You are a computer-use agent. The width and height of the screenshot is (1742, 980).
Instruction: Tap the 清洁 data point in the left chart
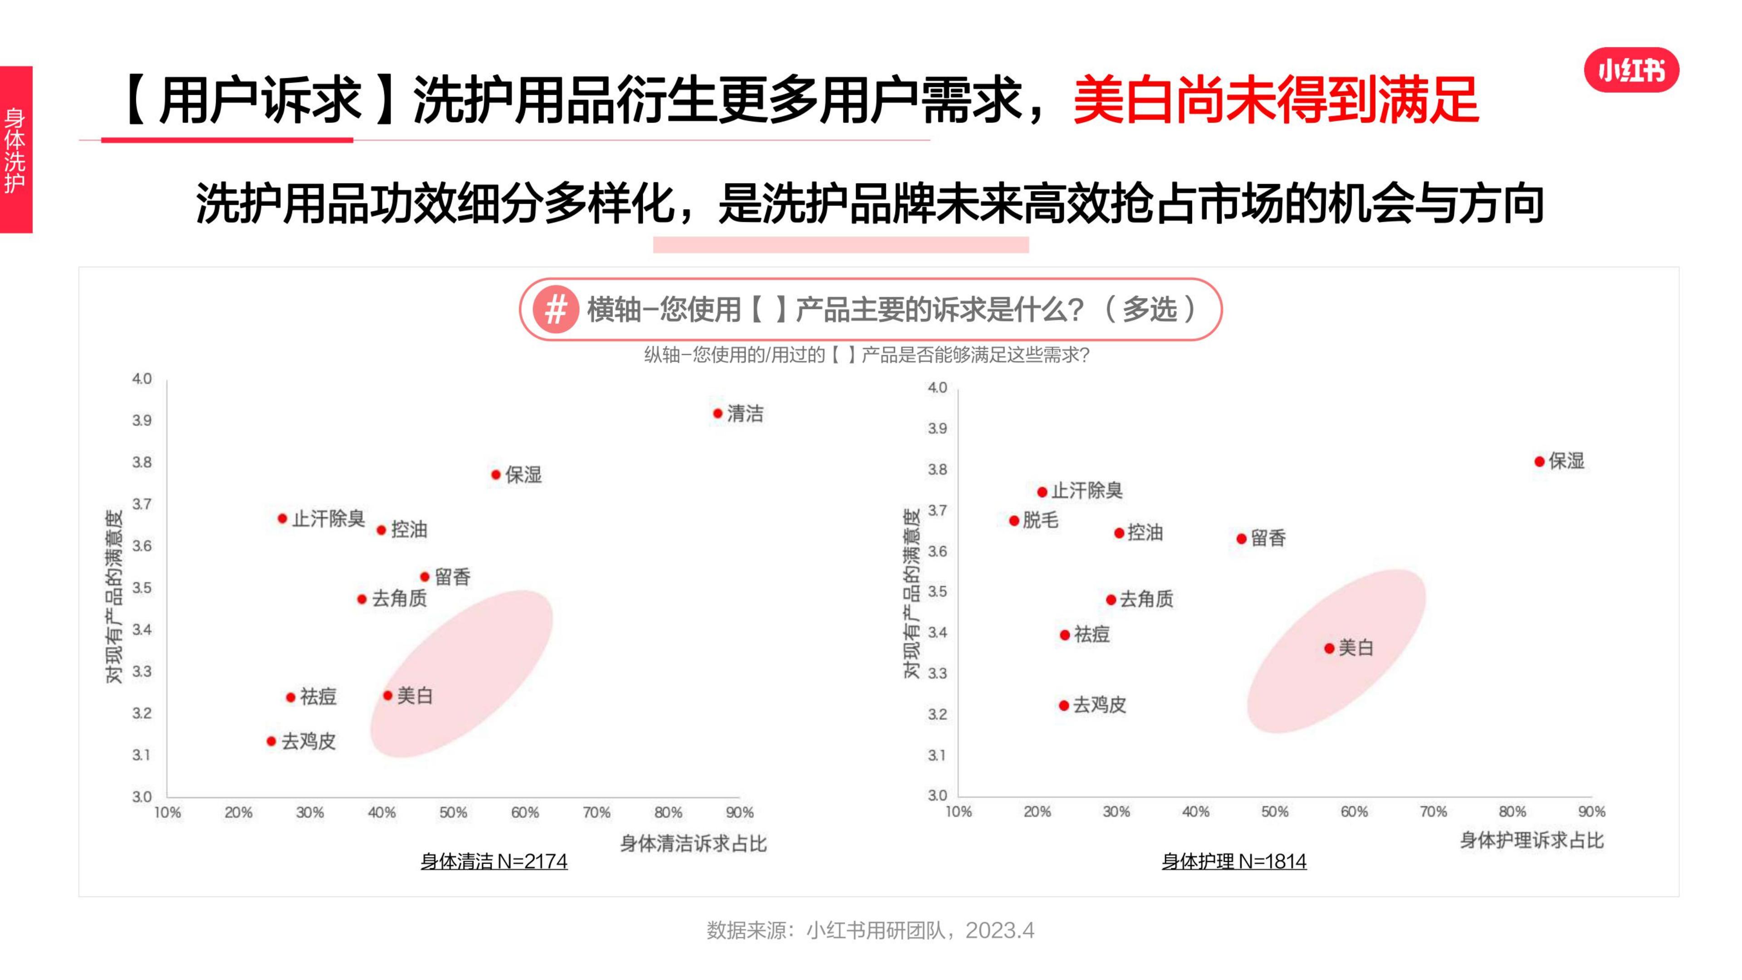click(718, 413)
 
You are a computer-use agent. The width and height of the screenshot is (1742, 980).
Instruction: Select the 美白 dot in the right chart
click(1329, 649)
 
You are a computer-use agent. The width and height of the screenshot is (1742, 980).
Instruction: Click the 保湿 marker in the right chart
click(1539, 462)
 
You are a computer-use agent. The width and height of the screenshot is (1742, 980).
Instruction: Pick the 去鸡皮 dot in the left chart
click(271, 741)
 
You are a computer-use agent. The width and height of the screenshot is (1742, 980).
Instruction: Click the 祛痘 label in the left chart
click(318, 696)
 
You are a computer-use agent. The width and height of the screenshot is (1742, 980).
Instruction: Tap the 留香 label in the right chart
click(1268, 539)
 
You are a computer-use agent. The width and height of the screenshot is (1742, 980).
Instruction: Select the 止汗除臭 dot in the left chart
click(282, 519)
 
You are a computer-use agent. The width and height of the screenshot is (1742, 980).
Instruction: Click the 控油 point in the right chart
click(1119, 534)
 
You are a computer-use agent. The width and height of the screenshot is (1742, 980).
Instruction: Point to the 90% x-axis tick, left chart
click(739, 812)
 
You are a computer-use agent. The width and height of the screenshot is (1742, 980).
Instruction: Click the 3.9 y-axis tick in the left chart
click(142, 421)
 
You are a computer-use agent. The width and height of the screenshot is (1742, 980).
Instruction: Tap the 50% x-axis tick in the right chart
click(1274, 812)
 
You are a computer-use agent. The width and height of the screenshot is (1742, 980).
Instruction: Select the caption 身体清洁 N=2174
click(494, 862)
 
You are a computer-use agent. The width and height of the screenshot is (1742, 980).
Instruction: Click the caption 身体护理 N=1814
click(1233, 862)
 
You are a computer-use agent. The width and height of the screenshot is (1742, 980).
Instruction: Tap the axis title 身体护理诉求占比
click(1532, 841)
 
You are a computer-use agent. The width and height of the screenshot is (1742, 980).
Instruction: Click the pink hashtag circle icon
click(555, 310)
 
